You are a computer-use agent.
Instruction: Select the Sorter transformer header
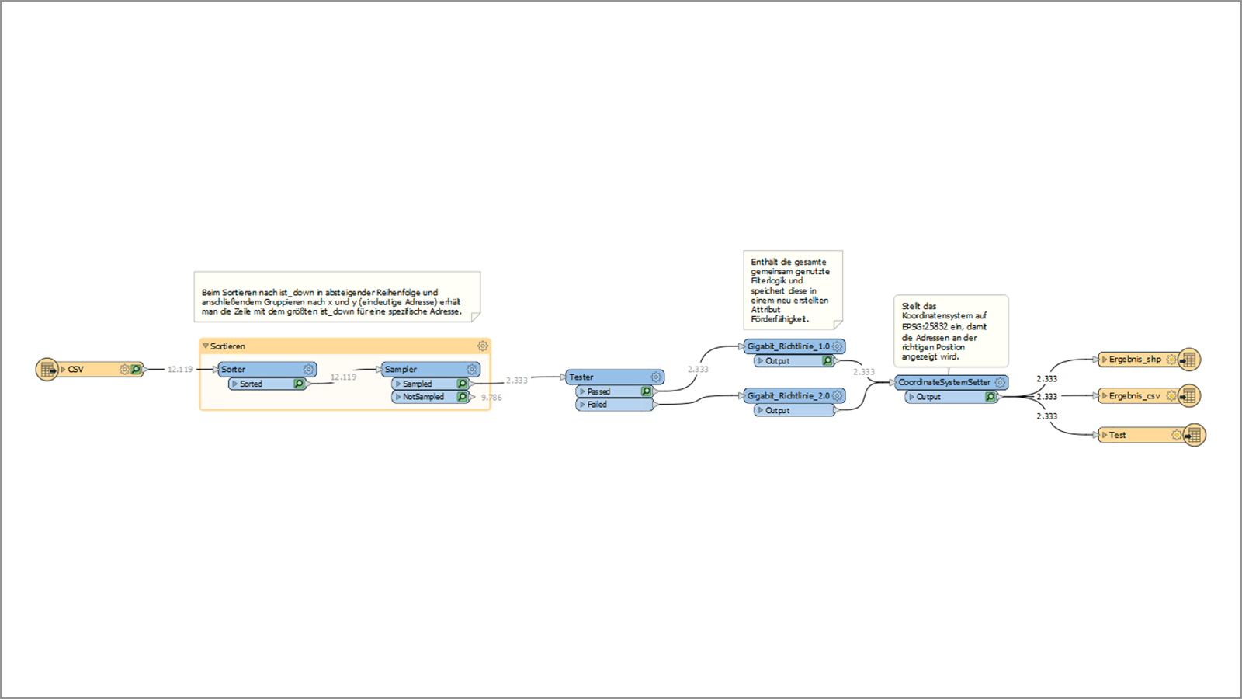tap(267, 370)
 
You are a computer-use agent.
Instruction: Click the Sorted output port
tap(267, 384)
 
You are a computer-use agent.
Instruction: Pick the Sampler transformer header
tap(431, 370)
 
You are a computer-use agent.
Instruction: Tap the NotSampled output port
tap(430, 397)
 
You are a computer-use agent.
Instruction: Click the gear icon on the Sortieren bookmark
tap(483, 346)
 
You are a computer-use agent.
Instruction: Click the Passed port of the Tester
tap(615, 391)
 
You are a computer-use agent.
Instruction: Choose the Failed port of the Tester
tap(615, 405)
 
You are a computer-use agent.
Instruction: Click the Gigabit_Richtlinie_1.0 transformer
tap(795, 346)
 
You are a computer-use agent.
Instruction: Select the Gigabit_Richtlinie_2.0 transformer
tap(795, 396)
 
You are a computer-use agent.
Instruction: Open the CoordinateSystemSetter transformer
tap(952, 383)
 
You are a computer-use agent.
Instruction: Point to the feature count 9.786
tap(492, 398)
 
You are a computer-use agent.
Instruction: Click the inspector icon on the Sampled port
tap(462, 384)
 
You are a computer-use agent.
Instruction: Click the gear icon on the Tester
tap(657, 377)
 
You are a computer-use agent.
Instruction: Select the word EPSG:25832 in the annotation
tap(925, 327)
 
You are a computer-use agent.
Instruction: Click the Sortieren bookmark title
tap(227, 346)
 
